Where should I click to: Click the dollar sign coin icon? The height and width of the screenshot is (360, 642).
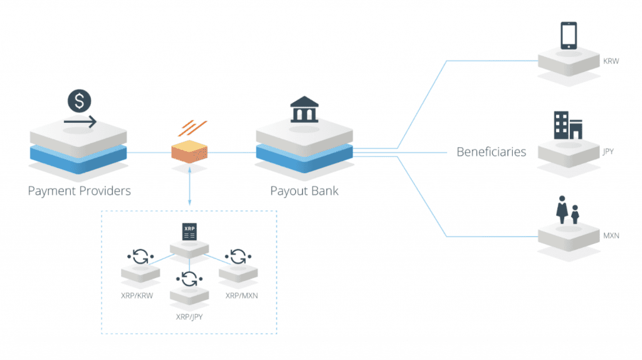tap(80, 100)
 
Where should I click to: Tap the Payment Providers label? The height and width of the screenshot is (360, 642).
tap(80, 190)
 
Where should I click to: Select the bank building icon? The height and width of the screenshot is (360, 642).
tap(303, 110)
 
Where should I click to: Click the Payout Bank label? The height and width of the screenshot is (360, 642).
tap(304, 190)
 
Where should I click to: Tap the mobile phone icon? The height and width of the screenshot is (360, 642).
tap(569, 36)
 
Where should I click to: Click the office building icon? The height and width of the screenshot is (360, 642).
tap(568, 125)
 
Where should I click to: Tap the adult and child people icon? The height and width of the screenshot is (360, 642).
tap(568, 211)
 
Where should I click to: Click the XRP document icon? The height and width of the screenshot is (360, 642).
tap(189, 231)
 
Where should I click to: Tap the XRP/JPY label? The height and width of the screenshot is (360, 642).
tap(189, 317)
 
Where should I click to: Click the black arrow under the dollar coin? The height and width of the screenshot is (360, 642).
tap(80, 121)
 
